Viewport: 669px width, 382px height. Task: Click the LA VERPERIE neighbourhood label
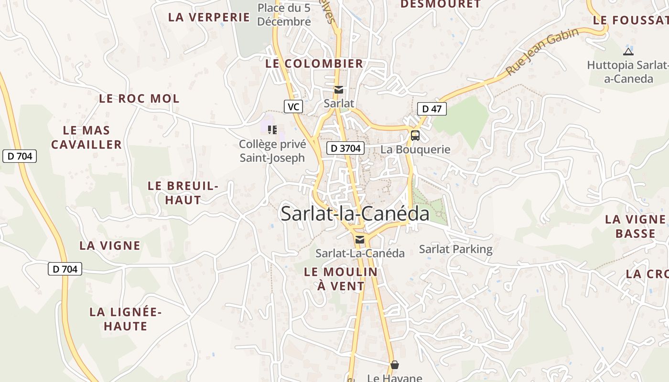click(209, 17)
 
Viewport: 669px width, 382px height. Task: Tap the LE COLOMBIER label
click(314, 64)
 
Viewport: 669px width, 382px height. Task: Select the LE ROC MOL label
click(139, 99)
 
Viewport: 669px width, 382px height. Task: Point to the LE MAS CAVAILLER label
click(86, 138)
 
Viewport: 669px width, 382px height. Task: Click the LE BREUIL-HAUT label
click(183, 193)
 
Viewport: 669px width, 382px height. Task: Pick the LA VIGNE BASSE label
click(635, 226)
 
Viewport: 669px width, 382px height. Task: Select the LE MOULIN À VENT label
click(341, 279)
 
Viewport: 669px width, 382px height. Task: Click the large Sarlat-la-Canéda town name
click(355, 213)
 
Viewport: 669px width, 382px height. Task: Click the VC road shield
click(293, 106)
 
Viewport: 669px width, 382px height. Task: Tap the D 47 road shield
click(432, 109)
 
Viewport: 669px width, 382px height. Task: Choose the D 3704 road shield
click(345, 149)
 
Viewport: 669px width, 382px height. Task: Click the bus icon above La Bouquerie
click(415, 135)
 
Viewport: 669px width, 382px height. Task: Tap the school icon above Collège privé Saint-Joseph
click(272, 129)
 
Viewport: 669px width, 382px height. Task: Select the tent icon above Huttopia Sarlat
click(628, 52)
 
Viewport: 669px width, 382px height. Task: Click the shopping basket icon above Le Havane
click(395, 365)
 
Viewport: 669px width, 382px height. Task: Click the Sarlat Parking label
click(455, 249)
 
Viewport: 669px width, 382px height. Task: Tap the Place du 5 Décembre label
click(284, 15)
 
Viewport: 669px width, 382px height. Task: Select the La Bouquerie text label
click(415, 149)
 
